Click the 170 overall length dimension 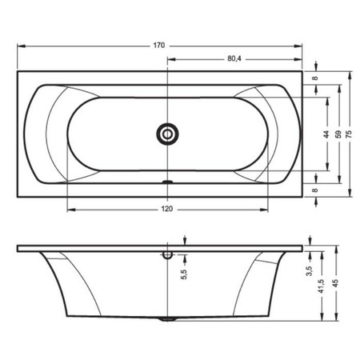pos(159,46)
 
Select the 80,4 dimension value pos(234,58)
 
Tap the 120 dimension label pos(167,209)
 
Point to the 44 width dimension pos(326,134)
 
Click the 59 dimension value pos(338,134)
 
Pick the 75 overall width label pos(349,134)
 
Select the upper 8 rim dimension pos(315,78)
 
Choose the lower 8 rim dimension pos(315,190)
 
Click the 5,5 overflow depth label pos(184,274)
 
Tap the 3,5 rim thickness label pos(310,271)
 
